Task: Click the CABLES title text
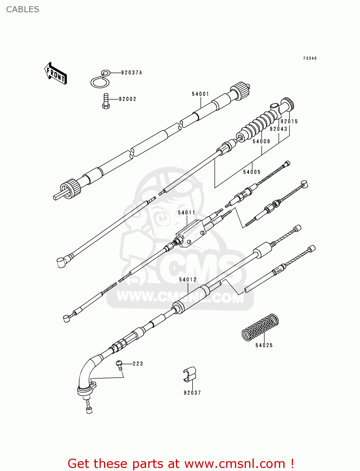[x=23, y=9]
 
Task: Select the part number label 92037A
[x=131, y=73]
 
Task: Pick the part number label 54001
[x=200, y=94]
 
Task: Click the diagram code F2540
[x=310, y=58]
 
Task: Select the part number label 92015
[x=289, y=122]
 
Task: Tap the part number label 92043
[x=278, y=129]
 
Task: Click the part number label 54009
[x=261, y=142]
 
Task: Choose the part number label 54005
[x=252, y=172]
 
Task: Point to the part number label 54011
[x=187, y=213]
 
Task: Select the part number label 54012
[x=188, y=279]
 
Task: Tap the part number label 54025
[x=264, y=345]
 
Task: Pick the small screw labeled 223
[x=119, y=364]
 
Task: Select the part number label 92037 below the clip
[x=192, y=393]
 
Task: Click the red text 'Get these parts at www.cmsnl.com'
[x=181, y=463]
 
